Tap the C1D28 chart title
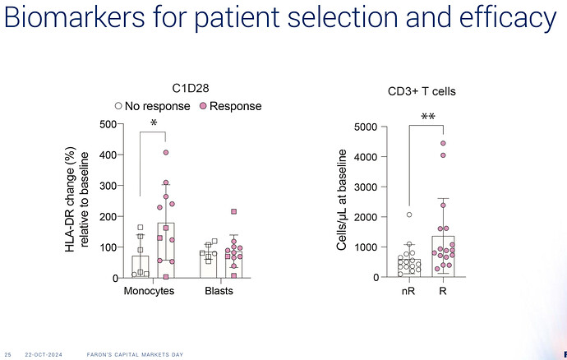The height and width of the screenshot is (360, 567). (x=188, y=89)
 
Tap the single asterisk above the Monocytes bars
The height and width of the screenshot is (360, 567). (x=154, y=124)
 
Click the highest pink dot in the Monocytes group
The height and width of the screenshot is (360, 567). (x=166, y=152)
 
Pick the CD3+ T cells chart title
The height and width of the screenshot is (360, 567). (x=422, y=92)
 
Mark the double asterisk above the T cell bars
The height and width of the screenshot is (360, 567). (x=428, y=118)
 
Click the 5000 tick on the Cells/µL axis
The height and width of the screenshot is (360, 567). (x=366, y=127)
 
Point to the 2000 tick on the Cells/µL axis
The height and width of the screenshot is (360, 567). (x=366, y=217)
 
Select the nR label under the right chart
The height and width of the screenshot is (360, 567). (x=409, y=292)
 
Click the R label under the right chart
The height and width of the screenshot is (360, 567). (x=444, y=292)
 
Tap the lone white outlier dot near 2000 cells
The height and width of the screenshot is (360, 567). (x=408, y=215)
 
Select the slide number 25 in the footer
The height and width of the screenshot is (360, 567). (x=8, y=354)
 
